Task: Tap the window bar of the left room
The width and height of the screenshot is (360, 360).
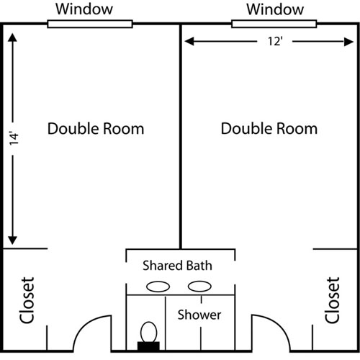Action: click(90, 24)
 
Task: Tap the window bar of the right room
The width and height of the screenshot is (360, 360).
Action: click(274, 24)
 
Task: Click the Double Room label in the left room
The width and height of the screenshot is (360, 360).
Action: click(96, 129)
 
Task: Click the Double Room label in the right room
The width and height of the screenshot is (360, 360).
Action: click(269, 129)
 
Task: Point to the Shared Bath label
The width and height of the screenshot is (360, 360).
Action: click(177, 265)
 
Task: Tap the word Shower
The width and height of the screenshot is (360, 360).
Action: click(199, 315)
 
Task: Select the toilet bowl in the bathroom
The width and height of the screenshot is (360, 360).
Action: click(149, 332)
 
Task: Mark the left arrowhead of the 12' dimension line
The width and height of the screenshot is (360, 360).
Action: click(186, 42)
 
